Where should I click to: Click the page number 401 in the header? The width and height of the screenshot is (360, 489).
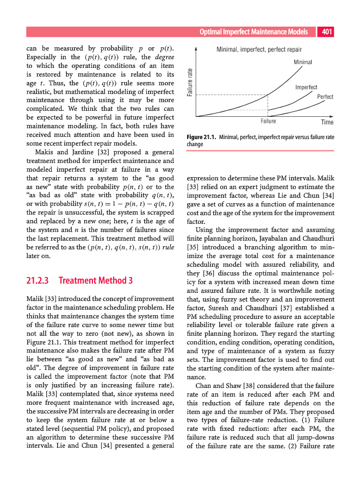pos(327,32)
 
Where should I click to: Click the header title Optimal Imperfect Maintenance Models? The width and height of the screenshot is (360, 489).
pos(257,32)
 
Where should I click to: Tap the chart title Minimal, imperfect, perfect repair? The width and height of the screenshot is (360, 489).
pos(259,49)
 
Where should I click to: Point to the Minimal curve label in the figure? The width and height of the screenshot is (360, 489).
pos(303,62)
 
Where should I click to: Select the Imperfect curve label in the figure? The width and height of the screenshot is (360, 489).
pos(306,87)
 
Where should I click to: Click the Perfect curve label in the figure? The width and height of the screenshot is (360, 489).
pos(325,97)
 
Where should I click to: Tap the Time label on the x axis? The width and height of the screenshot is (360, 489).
pos(327,122)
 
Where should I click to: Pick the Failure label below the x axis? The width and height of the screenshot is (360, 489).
pos(269,121)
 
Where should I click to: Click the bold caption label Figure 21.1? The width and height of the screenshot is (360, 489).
pos(201,137)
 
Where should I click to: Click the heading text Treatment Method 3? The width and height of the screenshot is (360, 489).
pos(95,281)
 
